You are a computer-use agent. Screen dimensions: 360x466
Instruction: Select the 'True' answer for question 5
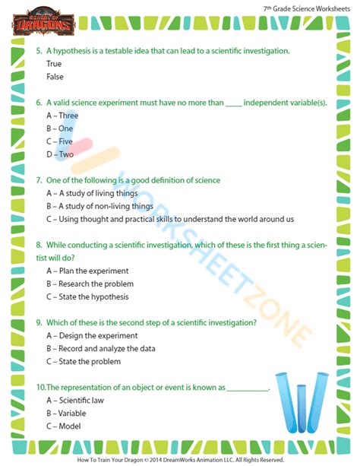(x=55, y=64)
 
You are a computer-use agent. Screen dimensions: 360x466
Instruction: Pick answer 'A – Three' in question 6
(x=63, y=116)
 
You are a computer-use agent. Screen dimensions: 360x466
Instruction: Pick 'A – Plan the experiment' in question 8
(x=87, y=271)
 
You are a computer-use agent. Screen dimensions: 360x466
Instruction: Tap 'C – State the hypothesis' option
(x=87, y=296)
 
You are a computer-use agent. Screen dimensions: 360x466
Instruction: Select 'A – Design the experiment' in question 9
(x=92, y=335)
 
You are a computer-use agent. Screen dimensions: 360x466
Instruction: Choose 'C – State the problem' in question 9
(x=83, y=361)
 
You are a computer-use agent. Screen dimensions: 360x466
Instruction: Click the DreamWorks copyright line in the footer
(x=179, y=459)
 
